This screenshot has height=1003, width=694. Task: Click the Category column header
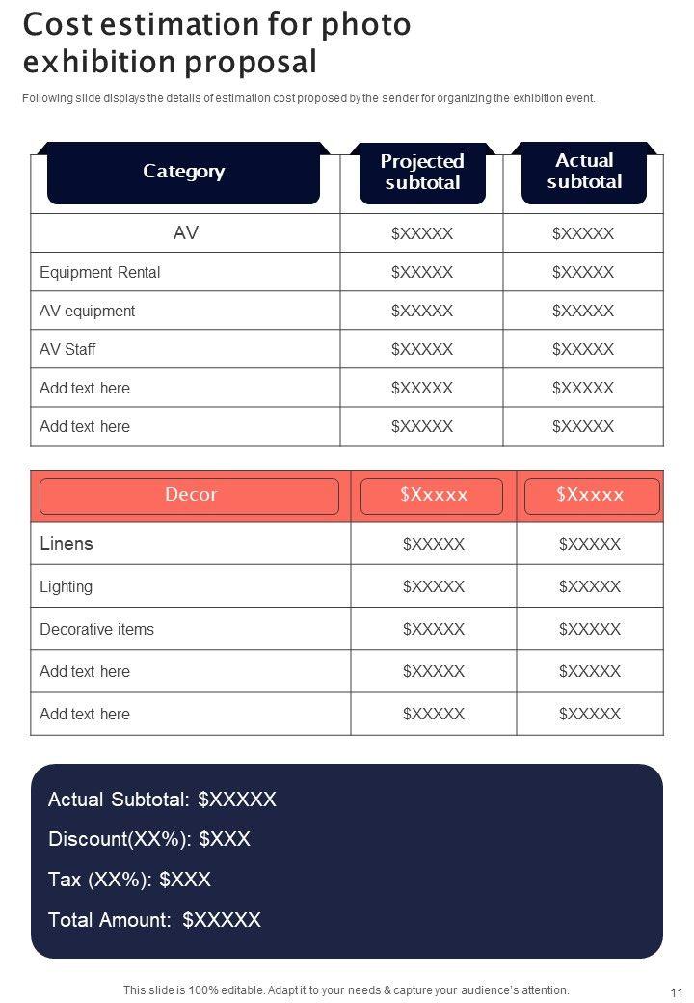click(x=183, y=172)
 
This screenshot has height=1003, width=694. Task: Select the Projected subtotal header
click(x=422, y=172)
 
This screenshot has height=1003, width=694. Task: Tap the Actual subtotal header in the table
click(x=584, y=171)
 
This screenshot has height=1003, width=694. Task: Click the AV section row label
click(x=186, y=233)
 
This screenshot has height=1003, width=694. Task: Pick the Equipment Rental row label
click(x=100, y=272)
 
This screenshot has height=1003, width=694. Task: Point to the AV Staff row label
click(x=67, y=349)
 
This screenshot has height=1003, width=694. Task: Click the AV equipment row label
click(x=88, y=311)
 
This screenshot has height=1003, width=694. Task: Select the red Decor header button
click(x=190, y=495)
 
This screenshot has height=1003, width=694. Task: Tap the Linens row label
click(x=67, y=544)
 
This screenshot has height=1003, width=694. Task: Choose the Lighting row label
click(x=67, y=586)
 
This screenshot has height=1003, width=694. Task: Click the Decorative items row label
click(x=96, y=629)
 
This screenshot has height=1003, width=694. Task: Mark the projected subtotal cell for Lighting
click(x=434, y=586)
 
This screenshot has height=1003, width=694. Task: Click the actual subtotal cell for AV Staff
click(x=583, y=349)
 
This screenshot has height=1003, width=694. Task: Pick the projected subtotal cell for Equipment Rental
click(x=422, y=272)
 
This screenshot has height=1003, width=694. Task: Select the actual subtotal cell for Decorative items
click(x=590, y=629)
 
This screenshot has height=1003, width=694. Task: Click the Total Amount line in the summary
click(x=154, y=920)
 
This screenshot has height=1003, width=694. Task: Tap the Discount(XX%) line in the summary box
click(x=149, y=839)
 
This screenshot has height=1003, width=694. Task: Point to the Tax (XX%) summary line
click(x=129, y=880)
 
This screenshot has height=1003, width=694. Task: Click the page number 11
click(x=676, y=992)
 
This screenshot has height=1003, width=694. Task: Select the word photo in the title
click(x=368, y=25)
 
